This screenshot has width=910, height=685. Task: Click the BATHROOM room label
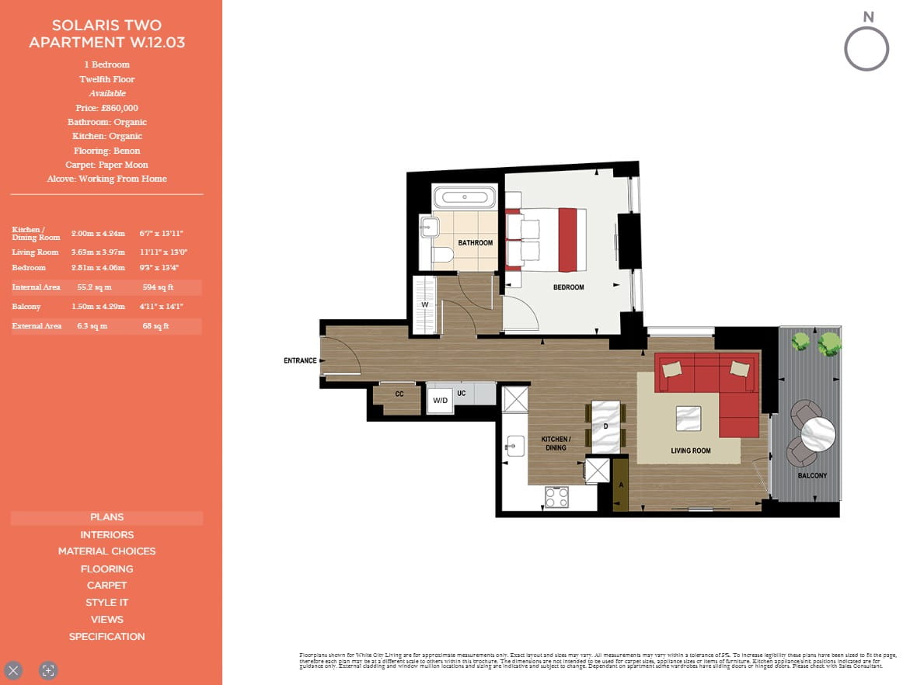pyautogui.click(x=475, y=243)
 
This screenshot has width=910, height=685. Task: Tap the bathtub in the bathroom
pyautogui.click(x=463, y=197)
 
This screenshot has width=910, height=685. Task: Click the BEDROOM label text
pyautogui.click(x=568, y=287)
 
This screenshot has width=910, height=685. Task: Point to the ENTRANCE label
pyautogui.click(x=300, y=360)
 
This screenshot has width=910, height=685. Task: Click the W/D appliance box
pyautogui.click(x=440, y=401)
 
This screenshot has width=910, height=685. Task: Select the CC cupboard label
pyautogui.click(x=399, y=395)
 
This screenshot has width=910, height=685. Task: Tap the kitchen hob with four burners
pyautogui.click(x=556, y=497)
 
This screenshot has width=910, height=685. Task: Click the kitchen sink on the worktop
pyautogui.click(x=513, y=445)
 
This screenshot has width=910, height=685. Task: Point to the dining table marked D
pyautogui.click(x=606, y=427)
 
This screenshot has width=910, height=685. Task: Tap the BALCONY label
pyautogui.click(x=811, y=475)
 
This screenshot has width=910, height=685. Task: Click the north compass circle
pyautogui.click(x=866, y=50)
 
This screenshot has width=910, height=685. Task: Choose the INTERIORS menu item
pyautogui.click(x=107, y=534)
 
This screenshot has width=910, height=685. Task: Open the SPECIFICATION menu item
pyautogui.click(x=107, y=637)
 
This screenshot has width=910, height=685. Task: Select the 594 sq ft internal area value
pyautogui.click(x=158, y=287)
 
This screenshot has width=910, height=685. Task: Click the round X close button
pyautogui.click(x=14, y=670)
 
